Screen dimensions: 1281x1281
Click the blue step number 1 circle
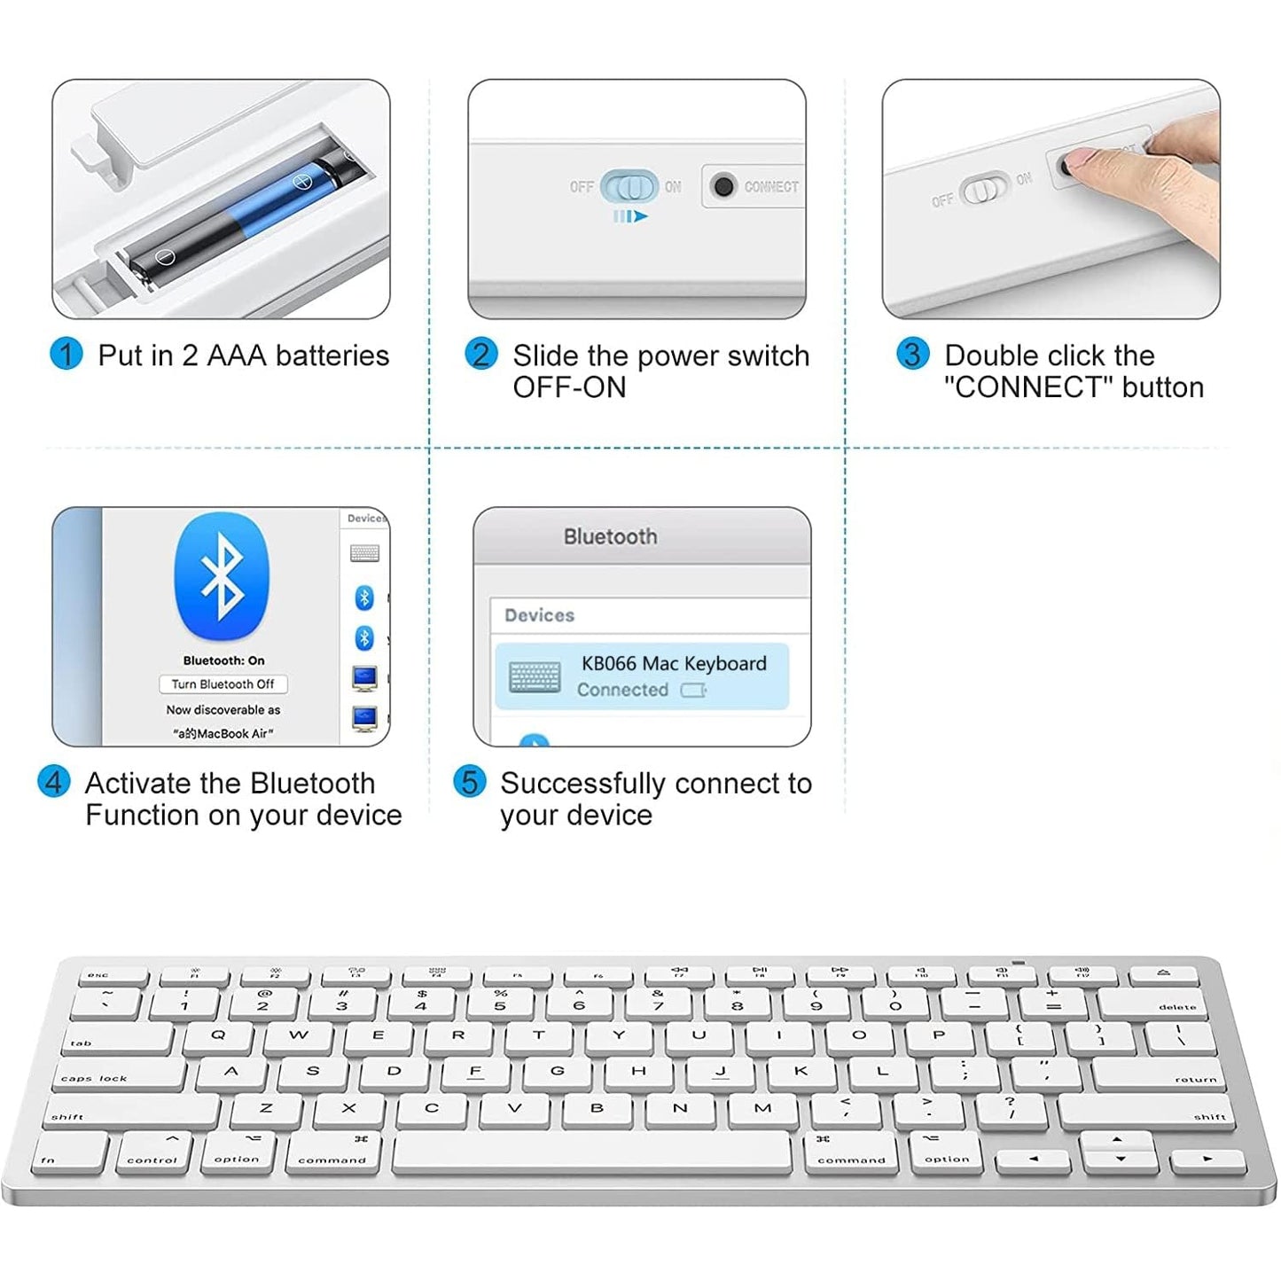pyautogui.click(x=66, y=355)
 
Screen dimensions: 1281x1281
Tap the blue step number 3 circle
pyautogui.click(x=912, y=355)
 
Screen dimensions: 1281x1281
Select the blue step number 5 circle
pyautogui.click(x=469, y=782)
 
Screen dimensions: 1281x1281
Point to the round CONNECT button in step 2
pyautogui.click(x=723, y=186)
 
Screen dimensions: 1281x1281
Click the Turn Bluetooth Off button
pyautogui.click(x=223, y=684)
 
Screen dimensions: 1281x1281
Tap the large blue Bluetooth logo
pyautogui.click(x=222, y=576)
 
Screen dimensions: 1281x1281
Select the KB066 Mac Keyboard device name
pyautogui.click(x=674, y=664)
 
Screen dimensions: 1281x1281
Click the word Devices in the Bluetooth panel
pyautogui.click(x=539, y=615)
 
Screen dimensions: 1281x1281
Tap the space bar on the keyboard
pyautogui.click(x=591, y=1154)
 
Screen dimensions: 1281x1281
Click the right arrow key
pyautogui.click(x=1207, y=1159)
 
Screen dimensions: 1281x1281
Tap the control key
pyautogui.click(x=152, y=1153)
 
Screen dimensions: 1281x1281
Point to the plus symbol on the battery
pyautogui.click(x=303, y=182)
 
